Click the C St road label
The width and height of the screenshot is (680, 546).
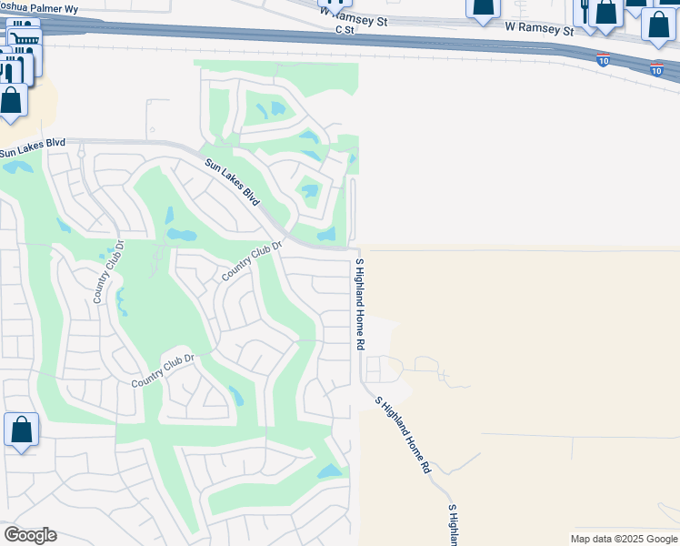point(344,29)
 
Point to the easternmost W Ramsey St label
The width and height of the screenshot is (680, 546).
point(541,28)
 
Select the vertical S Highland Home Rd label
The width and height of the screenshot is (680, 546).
point(360,304)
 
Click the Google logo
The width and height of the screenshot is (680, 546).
point(30,535)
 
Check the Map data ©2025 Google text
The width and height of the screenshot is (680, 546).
point(623,539)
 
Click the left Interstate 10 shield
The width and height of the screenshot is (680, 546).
point(604,60)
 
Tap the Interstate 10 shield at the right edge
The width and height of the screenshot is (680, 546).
point(656,68)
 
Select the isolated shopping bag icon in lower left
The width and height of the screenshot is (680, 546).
point(21,429)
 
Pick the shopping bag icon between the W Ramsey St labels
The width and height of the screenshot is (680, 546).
point(483,7)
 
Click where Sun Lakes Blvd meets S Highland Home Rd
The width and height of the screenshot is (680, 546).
point(357,248)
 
